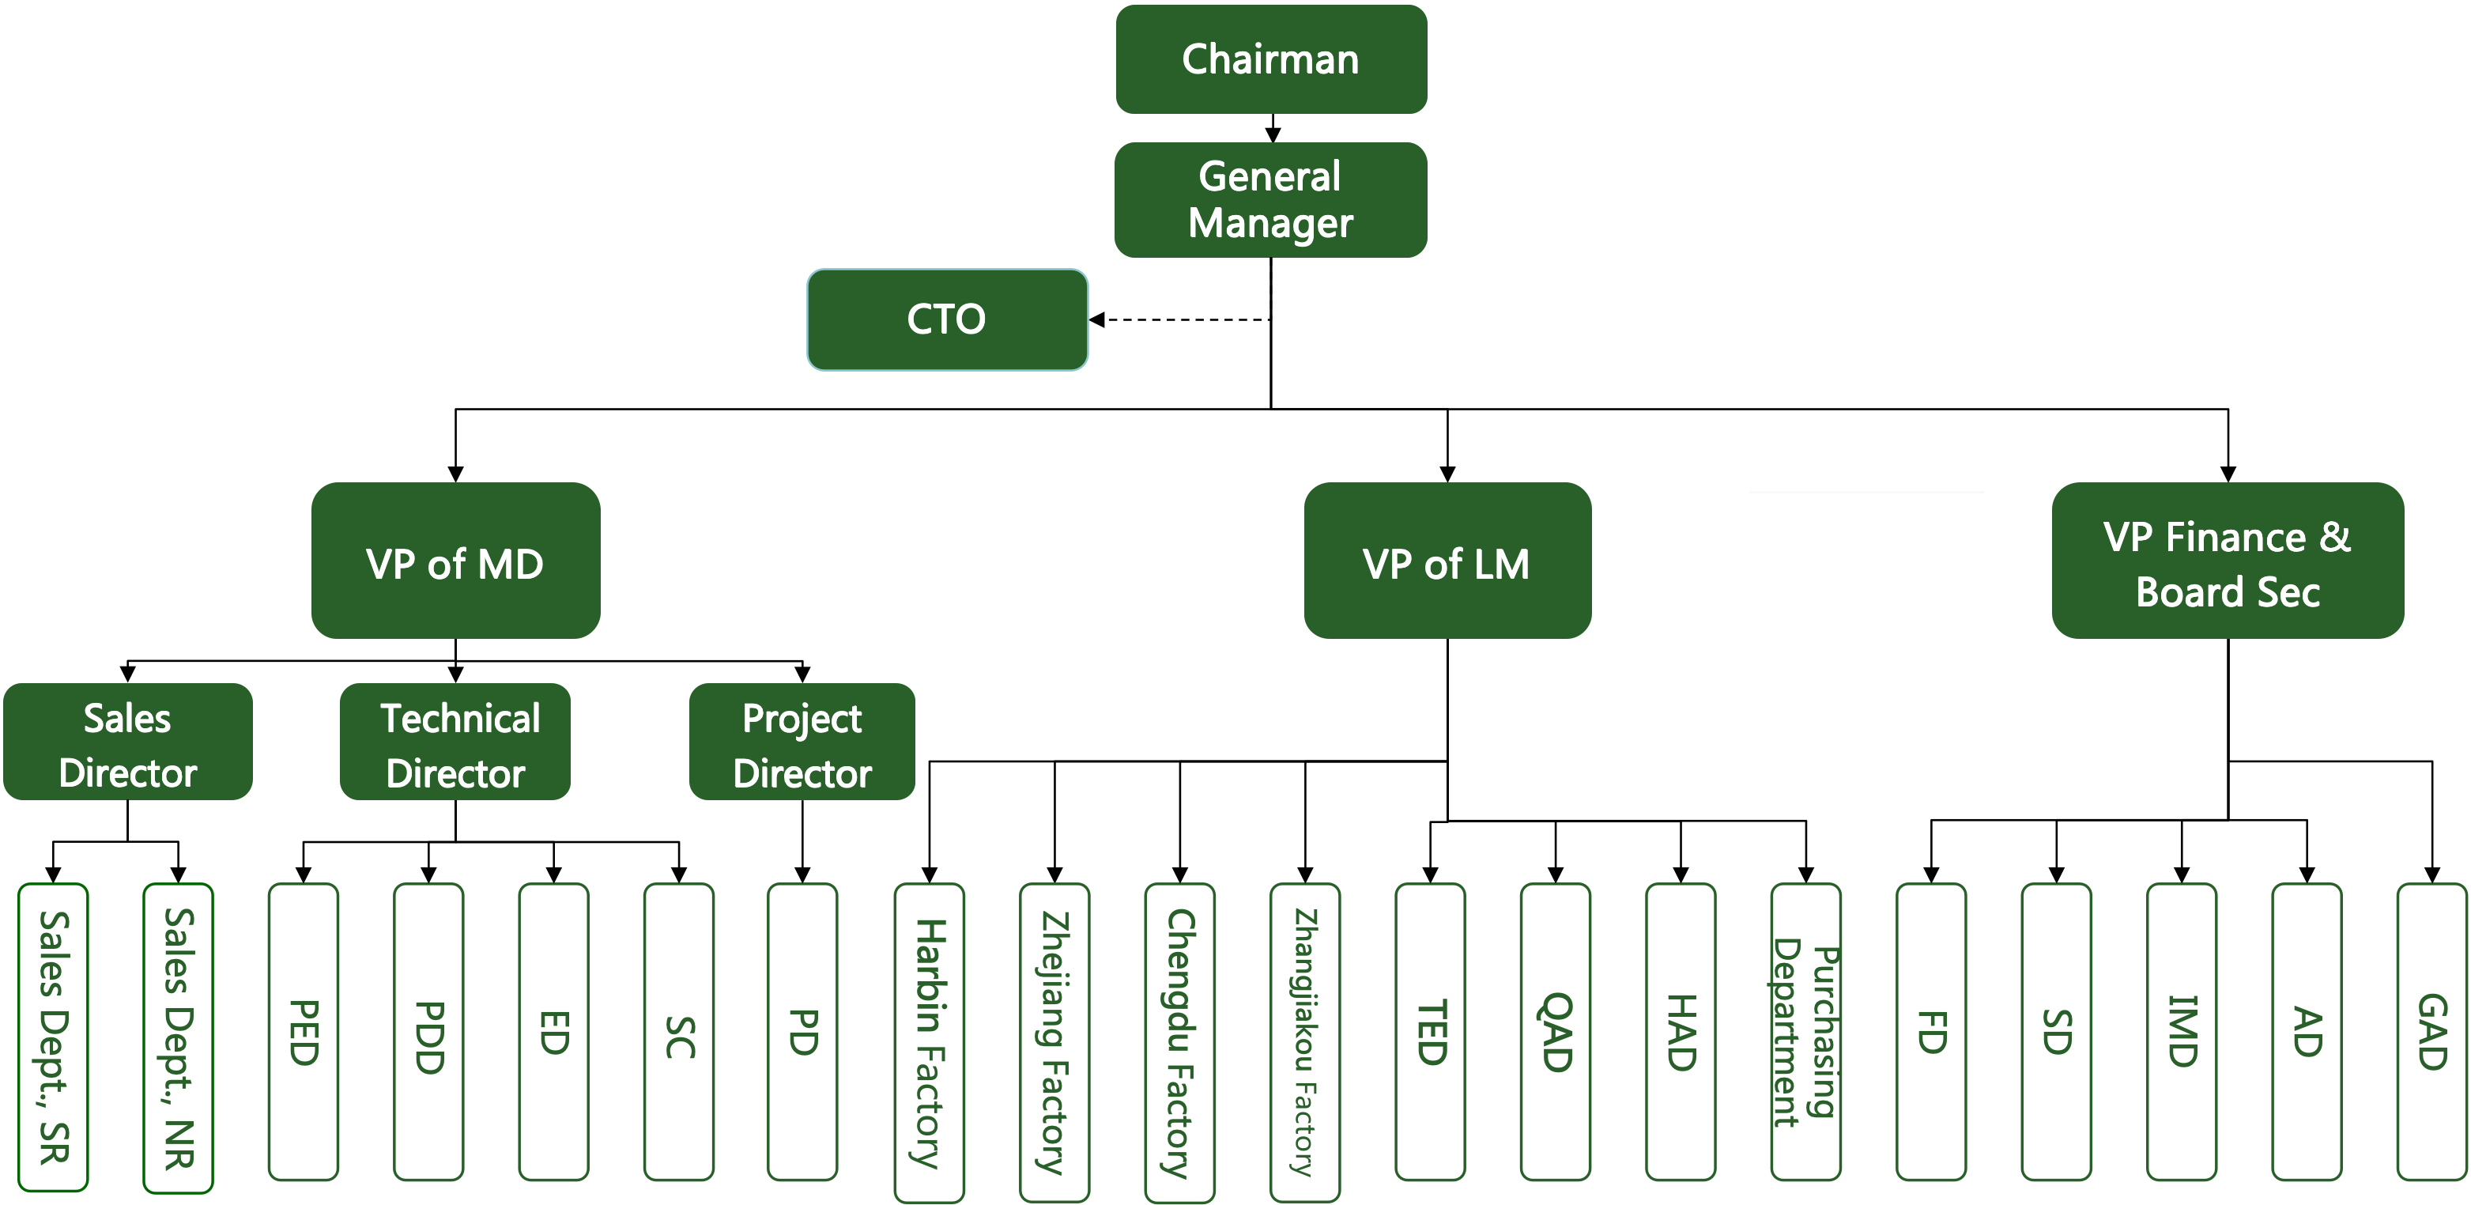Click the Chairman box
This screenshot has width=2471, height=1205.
(1271, 59)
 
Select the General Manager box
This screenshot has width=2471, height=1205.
(1271, 199)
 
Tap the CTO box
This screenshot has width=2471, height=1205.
(948, 319)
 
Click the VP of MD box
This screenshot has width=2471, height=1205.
(455, 561)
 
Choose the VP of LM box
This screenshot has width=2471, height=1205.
(1447, 561)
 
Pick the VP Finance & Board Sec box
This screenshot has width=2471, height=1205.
(2228, 561)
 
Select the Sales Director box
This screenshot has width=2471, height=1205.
(127, 742)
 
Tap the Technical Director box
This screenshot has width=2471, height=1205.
(455, 742)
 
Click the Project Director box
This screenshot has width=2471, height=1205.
(802, 742)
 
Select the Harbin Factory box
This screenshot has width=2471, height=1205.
(930, 1042)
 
